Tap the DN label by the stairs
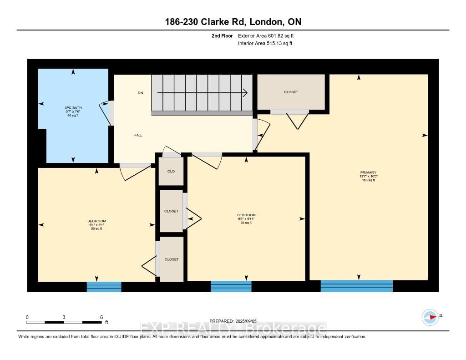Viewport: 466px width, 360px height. [141, 93]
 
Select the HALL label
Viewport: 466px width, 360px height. [138, 135]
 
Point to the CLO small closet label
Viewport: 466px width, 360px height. [171, 171]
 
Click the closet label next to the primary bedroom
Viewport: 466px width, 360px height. [291, 92]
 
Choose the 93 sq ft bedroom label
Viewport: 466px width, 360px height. [246, 218]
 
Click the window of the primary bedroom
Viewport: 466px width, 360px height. [356, 286]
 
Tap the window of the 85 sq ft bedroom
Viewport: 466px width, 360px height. [104, 287]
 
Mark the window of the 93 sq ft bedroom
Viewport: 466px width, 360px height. [231, 286]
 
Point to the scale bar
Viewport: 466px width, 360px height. [64, 322]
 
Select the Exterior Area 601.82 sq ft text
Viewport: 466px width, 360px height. [269, 35]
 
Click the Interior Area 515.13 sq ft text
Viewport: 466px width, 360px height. [265, 43]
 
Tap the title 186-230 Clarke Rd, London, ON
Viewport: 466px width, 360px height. [233, 22]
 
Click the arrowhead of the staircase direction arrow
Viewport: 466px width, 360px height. [245, 93]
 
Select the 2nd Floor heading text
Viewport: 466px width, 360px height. [222, 35]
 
